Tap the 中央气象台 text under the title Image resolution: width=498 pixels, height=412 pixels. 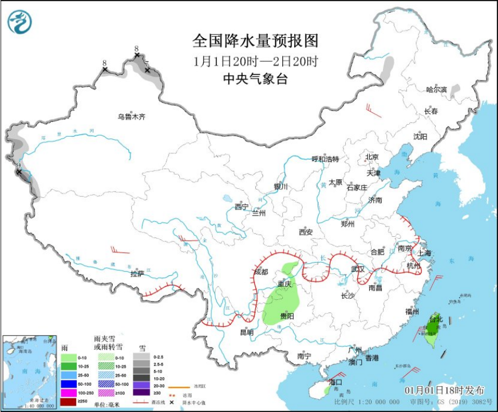[x=255, y=79]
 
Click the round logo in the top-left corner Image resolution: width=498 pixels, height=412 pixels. [x=19, y=22]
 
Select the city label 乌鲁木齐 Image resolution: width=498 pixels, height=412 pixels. [x=132, y=117]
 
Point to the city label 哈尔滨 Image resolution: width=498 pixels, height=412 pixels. [x=436, y=90]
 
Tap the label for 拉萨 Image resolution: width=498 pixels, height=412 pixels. [x=137, y=274]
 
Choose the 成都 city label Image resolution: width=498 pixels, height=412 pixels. [x=261, y=272]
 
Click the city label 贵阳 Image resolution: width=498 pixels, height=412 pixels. [x=287, y=316]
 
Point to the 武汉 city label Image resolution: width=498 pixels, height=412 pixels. [x=358, y=268]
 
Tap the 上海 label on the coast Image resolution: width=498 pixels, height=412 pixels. [x=424, y=252]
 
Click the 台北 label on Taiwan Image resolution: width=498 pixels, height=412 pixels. [x=436, y=319]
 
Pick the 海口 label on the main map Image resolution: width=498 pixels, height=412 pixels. [x=335, y=382]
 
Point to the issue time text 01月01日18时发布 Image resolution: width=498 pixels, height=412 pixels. [x=444, y=390]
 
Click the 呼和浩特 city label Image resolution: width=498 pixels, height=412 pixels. [x=325, y=159]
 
